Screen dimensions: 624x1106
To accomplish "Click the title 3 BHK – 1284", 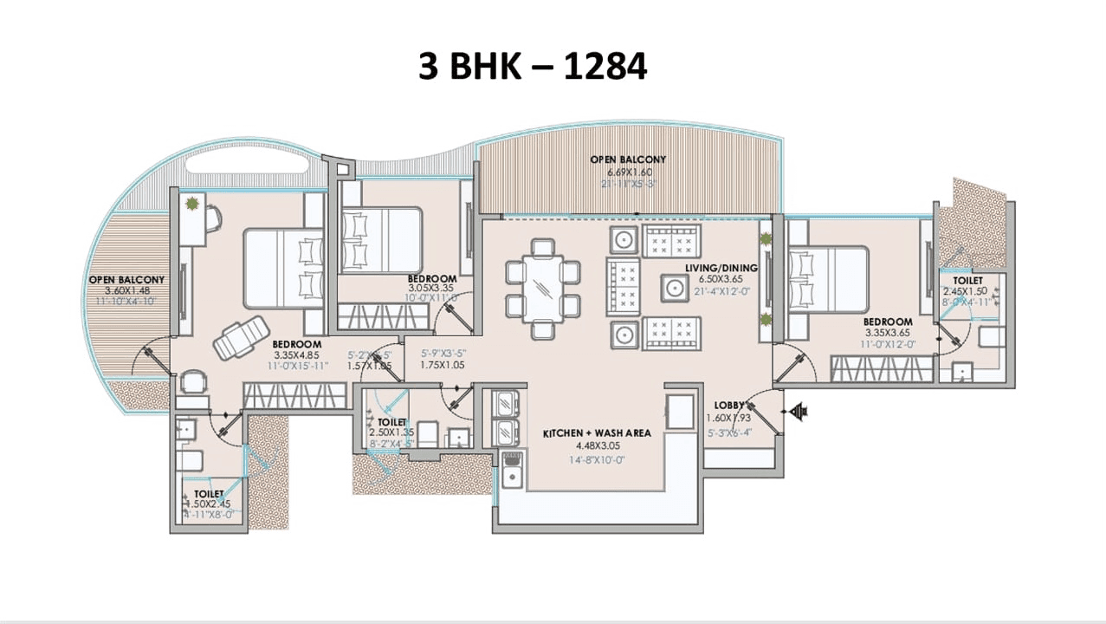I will point(532,66).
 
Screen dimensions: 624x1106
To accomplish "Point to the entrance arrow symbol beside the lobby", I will point(798,412).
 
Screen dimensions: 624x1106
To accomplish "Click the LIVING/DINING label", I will point(721,268).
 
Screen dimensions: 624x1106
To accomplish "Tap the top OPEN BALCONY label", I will point(628,159).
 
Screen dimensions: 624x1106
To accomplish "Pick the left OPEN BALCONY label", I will point(126,280).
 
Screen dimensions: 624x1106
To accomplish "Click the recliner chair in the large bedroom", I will point(238,340).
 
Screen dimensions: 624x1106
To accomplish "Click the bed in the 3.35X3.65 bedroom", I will point(827,276).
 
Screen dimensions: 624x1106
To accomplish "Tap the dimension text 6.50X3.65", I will point(721,279).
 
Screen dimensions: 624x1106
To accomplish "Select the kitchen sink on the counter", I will point(511,475).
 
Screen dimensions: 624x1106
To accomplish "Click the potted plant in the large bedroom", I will point(191,205).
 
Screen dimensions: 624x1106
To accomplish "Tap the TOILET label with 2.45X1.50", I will point(967,281).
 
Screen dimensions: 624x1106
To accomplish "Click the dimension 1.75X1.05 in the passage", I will point(443,366).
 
